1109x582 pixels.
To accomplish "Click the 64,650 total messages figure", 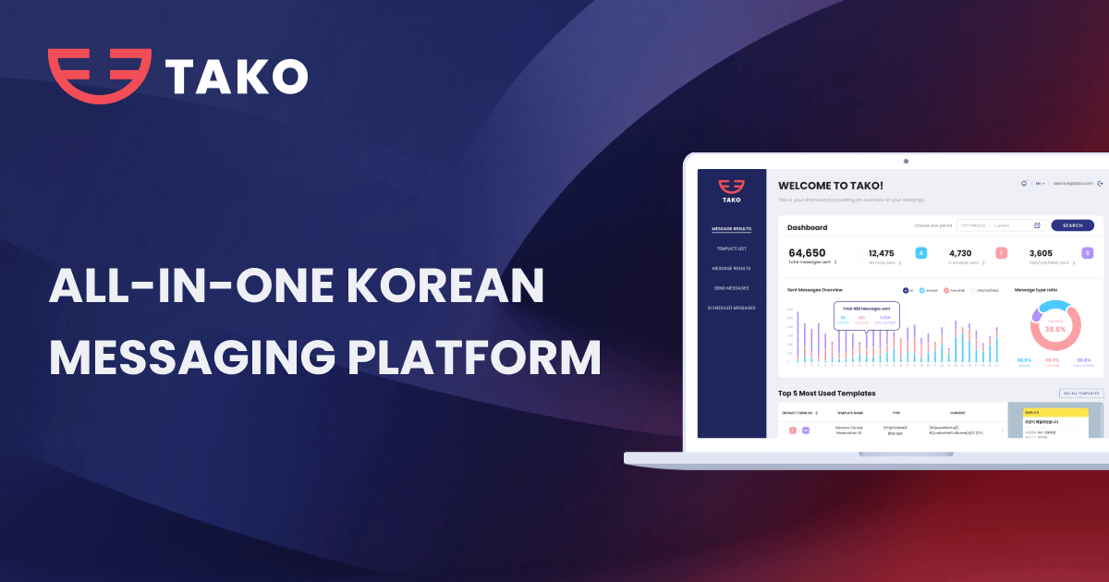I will [x=807, y=252].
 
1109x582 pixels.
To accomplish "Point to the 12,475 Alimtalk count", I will [x=882, y=252].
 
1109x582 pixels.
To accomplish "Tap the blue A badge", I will [x=920, y=253].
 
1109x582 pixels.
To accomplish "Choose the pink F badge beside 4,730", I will [x=1001, y=253].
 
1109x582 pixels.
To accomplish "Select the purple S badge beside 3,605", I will [x=1087, y=253].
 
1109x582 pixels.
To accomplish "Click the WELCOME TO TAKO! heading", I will [x=830, y=186].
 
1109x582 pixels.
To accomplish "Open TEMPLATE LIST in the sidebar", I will [x=731, y=249].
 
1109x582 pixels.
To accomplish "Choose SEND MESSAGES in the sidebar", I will [x=731, y=288].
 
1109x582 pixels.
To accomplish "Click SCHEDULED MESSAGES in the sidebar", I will [x=731, y=308].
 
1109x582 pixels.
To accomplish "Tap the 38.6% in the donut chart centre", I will [x=1054, y=329].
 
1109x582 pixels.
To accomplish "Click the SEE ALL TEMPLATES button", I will [x=1081, y=394].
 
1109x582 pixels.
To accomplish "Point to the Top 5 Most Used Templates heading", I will [x=826, y=394].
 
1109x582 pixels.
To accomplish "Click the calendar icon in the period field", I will [x=1037, y=225].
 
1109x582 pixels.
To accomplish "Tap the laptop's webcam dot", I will [x=906, y=161].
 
